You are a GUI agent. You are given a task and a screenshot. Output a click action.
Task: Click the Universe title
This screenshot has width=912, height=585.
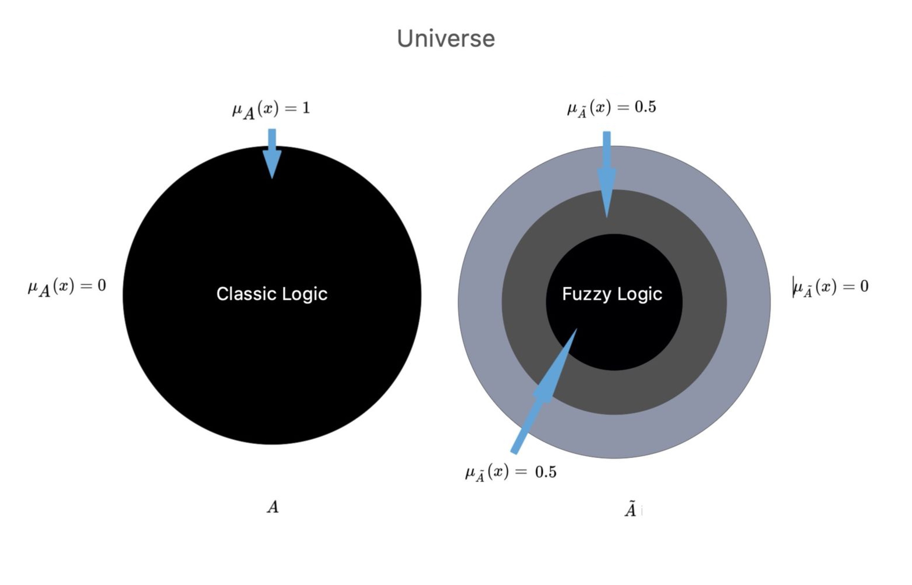446,38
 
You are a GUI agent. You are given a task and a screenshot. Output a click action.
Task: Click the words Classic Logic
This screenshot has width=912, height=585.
272,294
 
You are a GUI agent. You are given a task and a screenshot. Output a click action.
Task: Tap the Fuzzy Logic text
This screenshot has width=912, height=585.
612,294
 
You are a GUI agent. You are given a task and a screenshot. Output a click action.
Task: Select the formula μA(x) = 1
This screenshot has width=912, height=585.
271,110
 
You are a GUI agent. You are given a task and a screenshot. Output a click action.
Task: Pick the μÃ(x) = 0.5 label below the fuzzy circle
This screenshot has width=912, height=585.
511,473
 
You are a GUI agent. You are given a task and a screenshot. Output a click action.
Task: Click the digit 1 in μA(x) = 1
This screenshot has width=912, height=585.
306,108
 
